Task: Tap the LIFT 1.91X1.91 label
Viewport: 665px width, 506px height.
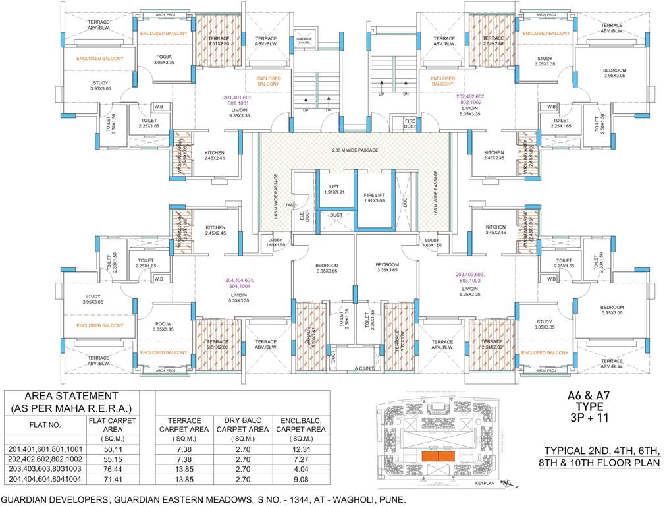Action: [335, 188]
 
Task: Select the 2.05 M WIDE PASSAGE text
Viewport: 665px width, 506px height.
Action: [354, 151]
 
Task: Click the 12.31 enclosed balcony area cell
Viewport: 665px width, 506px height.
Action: [301, 449]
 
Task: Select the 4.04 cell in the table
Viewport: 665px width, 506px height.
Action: [301, 468]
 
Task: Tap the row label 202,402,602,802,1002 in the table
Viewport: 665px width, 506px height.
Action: [45, 459]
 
